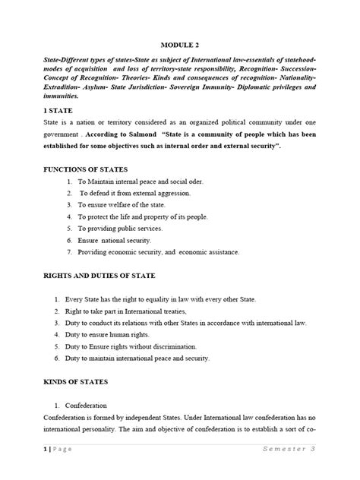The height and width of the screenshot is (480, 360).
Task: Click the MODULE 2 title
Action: [180, 44]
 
